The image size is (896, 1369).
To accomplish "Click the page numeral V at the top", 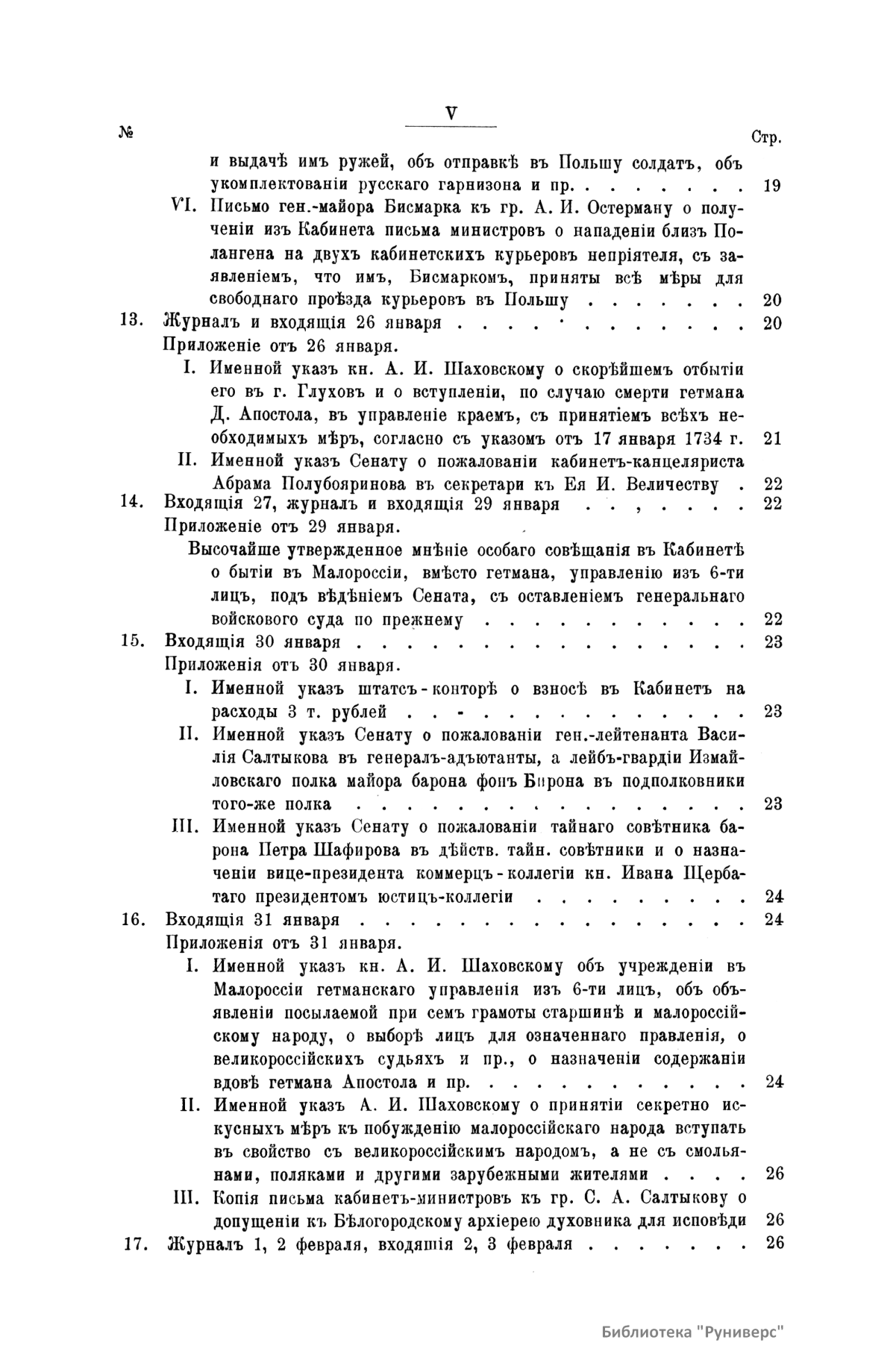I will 451,113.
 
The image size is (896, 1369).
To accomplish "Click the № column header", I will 126,133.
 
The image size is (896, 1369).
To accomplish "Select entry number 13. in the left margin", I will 132,323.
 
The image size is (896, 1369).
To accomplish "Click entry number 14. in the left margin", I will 132,504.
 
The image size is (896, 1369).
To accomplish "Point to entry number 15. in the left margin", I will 132,641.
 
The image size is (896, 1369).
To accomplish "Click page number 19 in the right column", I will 772,184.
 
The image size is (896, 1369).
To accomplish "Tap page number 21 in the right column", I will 772,438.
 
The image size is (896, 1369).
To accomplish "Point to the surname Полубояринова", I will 287,485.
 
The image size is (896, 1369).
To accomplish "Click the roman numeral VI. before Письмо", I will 184,206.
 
